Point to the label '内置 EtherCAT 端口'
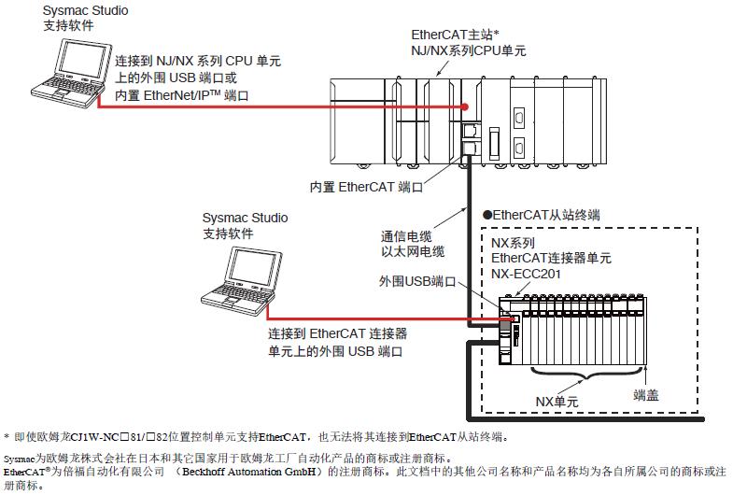pos(366,187)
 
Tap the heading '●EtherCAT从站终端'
pos(540,215)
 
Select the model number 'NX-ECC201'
pos(529,274)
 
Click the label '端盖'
pos(644,395)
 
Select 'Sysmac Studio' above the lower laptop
pos(246,218)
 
